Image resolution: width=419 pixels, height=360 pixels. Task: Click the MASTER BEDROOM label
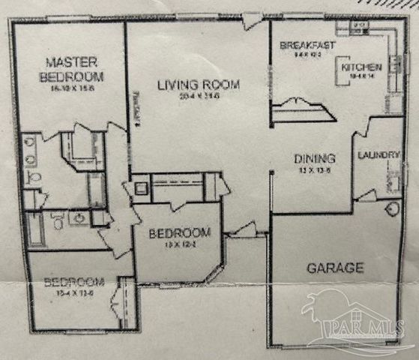[73, 69]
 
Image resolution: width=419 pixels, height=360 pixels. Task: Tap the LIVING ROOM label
[199, 85]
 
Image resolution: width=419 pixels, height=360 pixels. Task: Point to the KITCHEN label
[362, 67]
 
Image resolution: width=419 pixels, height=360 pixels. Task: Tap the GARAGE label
[334, 267]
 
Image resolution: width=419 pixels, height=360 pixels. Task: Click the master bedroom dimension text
[73, 88]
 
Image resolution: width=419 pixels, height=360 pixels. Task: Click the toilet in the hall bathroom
[57, 220]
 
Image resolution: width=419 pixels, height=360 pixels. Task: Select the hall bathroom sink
[79, 217]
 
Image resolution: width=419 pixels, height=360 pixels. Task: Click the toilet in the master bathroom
[33, 176]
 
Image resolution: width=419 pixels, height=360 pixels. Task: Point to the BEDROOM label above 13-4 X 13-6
[73, 283]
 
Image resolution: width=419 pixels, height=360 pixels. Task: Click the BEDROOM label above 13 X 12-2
[179, 232]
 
